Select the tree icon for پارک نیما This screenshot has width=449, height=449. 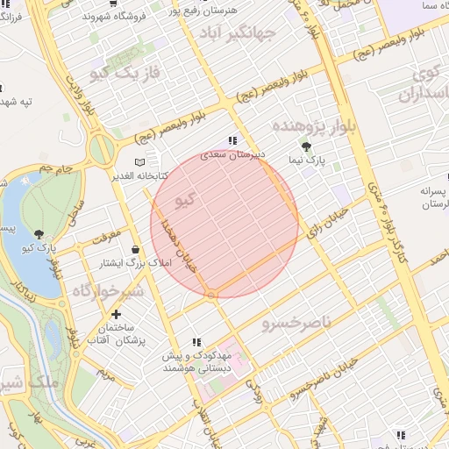point(305,147)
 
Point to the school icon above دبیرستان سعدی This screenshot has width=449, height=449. point(232,140)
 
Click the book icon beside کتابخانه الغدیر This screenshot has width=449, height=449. point(139,163)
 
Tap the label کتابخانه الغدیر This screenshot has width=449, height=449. point(139,176)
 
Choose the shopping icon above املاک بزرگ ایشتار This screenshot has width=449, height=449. point(135,249)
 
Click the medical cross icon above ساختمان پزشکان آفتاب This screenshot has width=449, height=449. point(117,313)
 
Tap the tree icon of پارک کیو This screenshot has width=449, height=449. point(40,233)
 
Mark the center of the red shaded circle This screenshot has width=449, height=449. point(224,224)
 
